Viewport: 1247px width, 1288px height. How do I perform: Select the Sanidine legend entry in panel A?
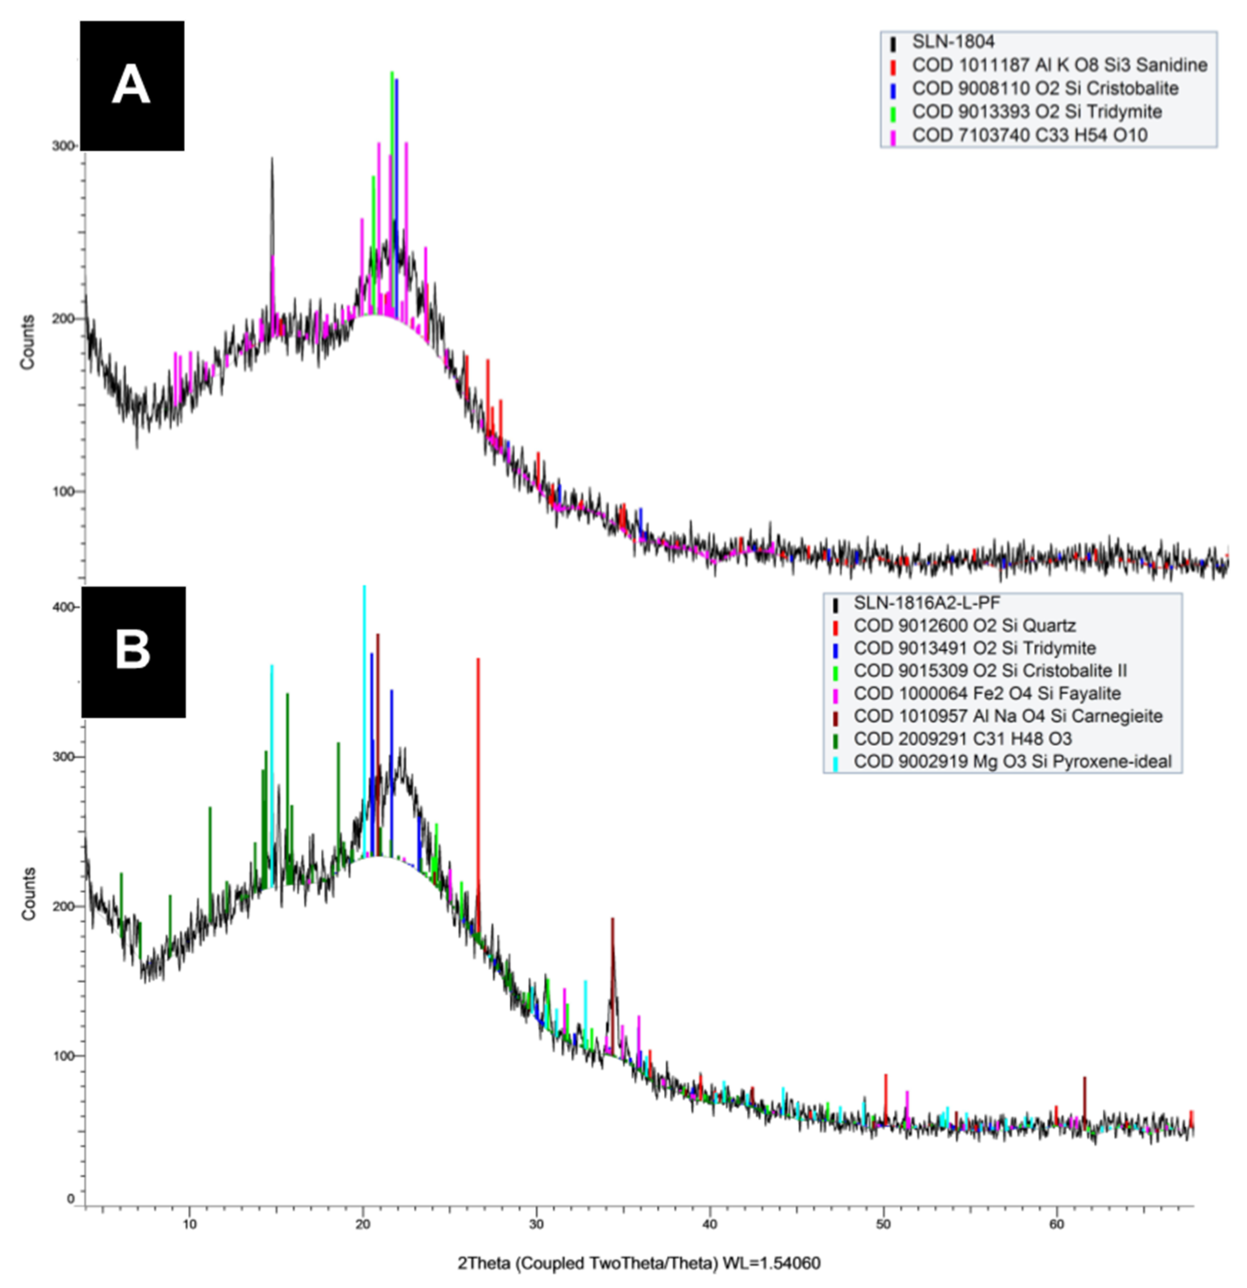pyautogui.click(x=1058, y=65)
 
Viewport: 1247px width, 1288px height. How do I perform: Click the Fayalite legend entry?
pyautogui.click(x=986, y=693)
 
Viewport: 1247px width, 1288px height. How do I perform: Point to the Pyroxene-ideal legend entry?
pyautogui.click(x=1012, y=762)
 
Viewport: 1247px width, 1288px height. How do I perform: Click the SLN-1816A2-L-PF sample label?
pyautogui.click(x=926, y=603)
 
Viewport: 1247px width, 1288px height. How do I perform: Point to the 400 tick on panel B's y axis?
pyautogui.click(x=63, y=607)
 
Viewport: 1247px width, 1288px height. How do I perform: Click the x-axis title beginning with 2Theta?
pyautogui.click(x=639, y=1263)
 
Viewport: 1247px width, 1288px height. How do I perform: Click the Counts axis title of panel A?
pyautogui.click(x=27, y=342)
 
